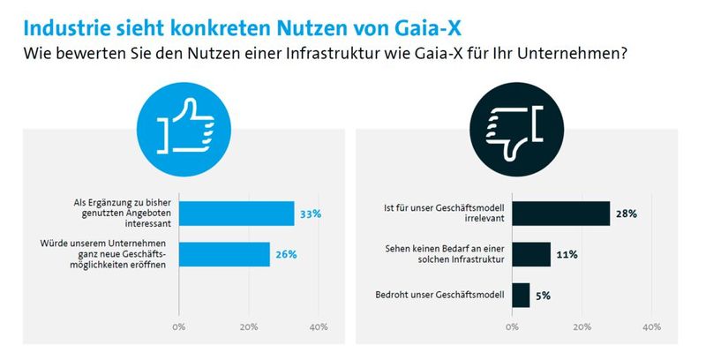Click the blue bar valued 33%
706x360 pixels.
(x=237, y=214)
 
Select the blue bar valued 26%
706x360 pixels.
(x=224, y=254)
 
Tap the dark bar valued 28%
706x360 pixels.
(x=561, y=214)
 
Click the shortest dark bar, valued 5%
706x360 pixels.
(x=521, y=295)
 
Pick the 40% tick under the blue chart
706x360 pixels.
(x=319, y=326)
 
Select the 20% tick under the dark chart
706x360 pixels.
(x=582, y=326)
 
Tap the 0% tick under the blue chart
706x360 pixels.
(x=179, y=326)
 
